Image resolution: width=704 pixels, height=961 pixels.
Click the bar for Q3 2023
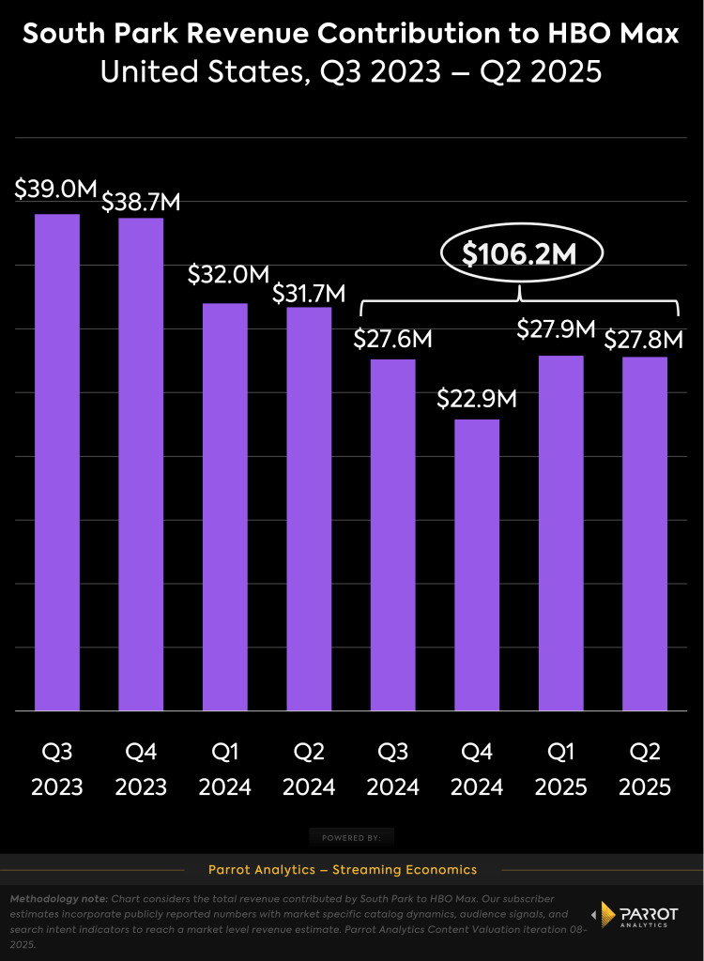57,462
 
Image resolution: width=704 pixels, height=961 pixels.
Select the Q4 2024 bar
477,564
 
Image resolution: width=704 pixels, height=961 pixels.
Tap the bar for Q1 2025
560,532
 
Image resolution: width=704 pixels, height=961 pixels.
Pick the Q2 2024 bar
309,508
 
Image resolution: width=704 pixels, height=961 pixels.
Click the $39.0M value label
56,189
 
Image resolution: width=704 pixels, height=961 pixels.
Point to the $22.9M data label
477,398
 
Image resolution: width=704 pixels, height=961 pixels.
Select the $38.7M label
141,201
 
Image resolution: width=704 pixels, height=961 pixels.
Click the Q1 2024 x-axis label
225,769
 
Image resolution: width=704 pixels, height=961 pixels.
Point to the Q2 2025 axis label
645,769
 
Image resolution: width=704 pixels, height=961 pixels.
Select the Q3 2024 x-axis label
393,769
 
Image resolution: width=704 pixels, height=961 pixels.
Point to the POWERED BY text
352,837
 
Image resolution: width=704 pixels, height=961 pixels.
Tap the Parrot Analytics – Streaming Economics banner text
352,870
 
